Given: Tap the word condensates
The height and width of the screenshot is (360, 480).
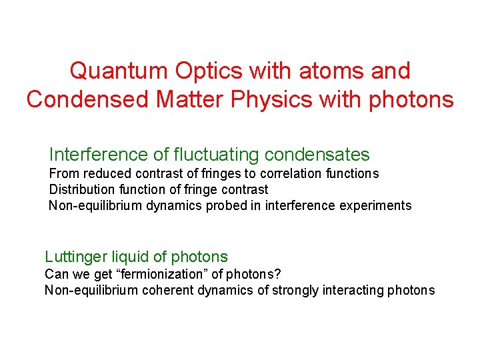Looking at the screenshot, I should click(317, 155).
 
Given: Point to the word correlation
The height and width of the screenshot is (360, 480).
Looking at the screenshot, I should click(265, 174).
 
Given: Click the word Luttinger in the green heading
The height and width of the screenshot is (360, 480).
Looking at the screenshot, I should click(73, 257).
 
